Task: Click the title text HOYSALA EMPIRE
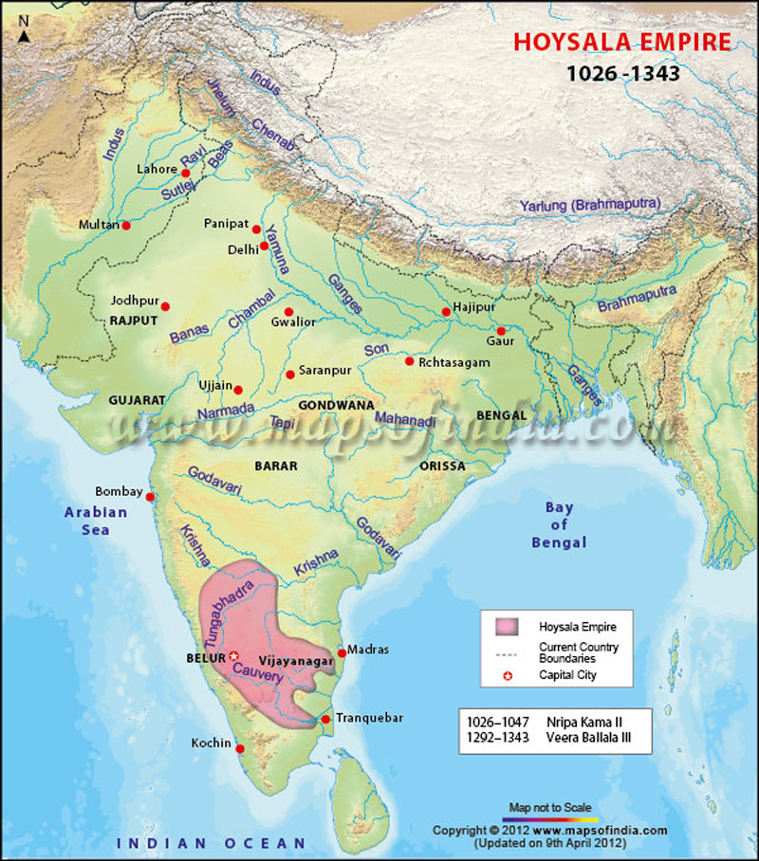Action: click(621, 43)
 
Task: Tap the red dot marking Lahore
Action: click(186, 174)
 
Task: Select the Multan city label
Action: click(100, 225)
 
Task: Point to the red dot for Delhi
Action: click(265, 246)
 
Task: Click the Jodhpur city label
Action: click(134, 301)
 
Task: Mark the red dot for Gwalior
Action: click(287, 312)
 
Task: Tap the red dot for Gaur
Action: click(501, 331)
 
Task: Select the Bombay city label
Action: click(119, 492)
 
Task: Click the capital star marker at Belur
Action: click(233, 655)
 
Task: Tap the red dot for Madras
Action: click(342, 652)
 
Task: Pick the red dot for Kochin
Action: click(240, 749)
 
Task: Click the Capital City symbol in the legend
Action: click(507, 675)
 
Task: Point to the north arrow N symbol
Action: click(24, 35)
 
